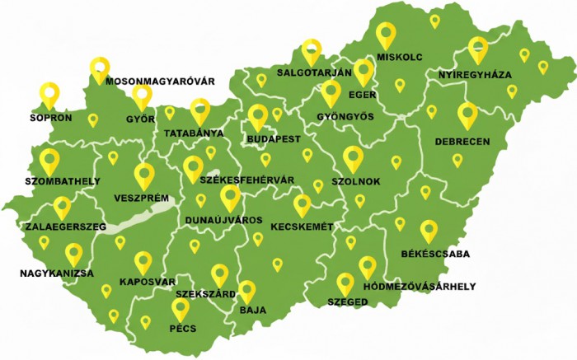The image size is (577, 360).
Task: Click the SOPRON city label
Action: pyautogui.click(x=50, y=118)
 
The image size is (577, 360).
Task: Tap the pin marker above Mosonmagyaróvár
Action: pyautogui.click(x=100, y=69)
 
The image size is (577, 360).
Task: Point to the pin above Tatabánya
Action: pyautogui.click(x=200, y=110)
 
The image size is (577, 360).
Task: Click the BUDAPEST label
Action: pyautogui.click(x=273, y=139)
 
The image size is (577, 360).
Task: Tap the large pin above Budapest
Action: pyautogui.click(x=258, y=117)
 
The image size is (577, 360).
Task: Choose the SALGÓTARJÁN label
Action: pyautogui.click(x=314, y=72)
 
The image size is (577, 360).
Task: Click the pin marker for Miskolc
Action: pyautogui.click(x=386, y=35)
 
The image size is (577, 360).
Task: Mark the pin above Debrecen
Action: pyautogui.click(x=467, y=115)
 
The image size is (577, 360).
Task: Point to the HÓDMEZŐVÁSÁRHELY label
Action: pyautogui.click(x=419, y=287)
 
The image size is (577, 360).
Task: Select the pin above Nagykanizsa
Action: pyautogui.click(x=74, y=254)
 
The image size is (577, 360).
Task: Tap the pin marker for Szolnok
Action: pyautogui.click(x=353, y=158)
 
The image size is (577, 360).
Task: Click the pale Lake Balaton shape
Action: pyautogui.click(x=136, y=221)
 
